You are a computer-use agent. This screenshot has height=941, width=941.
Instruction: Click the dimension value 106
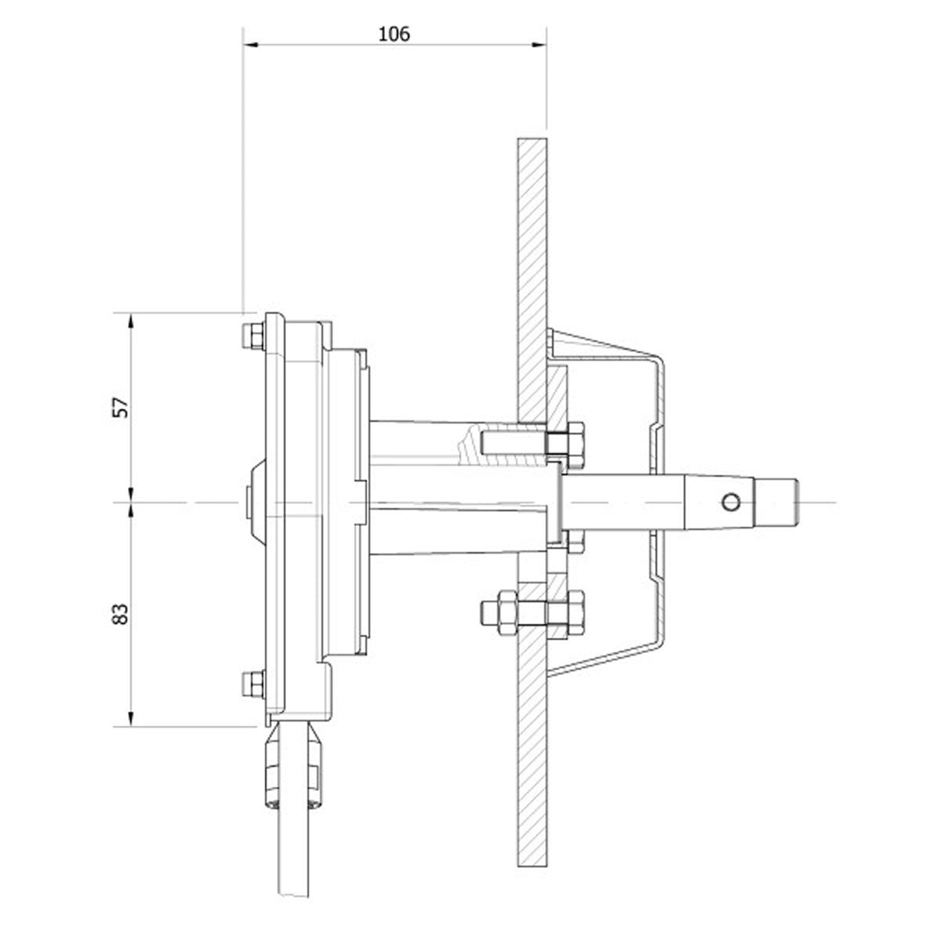(x=394, y=34)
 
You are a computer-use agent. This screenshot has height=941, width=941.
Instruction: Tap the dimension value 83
(x=120, y=613)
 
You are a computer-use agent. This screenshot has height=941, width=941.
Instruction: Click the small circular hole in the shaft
(x=731, y=501)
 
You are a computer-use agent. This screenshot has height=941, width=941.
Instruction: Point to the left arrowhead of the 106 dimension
(x=249, y=46)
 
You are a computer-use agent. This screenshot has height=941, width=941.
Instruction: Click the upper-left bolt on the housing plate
(x=253, y=337)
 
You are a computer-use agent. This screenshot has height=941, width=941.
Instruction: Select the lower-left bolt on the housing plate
(x=253, y=682)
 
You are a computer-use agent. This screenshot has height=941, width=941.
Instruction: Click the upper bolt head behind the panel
(x=566, y=441)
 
